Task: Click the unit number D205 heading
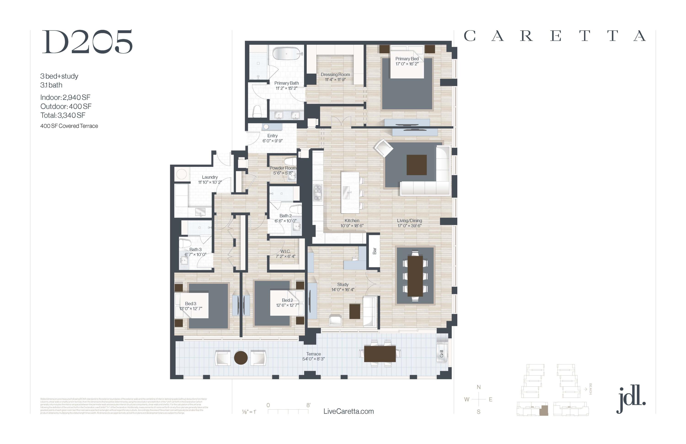tap(87, 42)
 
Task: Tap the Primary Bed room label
tap(407, 59)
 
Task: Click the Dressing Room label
tap(335, 74)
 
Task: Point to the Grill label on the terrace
tap(442, 354)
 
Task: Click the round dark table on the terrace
tap(241, 358)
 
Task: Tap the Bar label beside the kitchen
tap(374, 251)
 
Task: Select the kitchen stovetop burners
tap(318, 193)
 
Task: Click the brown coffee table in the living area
tap(416, 165)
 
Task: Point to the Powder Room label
tap(283, 168)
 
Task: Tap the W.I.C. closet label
tap(285, 251)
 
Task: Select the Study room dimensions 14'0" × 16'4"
tap(343, 289)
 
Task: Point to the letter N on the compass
tap(478, 387)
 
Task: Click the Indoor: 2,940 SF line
tap(65, 97)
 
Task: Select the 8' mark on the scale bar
tap(308, 405)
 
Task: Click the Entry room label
tap(272, 135)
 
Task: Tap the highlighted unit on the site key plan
tap(544, 410)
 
